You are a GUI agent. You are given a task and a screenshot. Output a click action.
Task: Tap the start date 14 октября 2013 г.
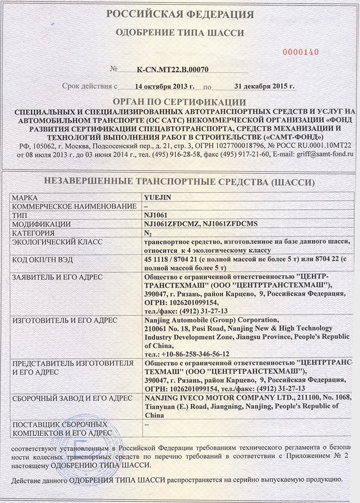[x=161, y=86]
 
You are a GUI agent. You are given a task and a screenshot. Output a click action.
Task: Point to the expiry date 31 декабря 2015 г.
[x=258, y=86]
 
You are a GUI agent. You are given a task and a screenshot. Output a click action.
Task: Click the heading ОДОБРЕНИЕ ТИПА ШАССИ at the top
[x=180, y=33]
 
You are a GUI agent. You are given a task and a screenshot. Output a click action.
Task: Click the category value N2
[x=148, y=233]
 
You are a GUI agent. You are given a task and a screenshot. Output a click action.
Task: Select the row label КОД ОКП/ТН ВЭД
[x=46, y=259]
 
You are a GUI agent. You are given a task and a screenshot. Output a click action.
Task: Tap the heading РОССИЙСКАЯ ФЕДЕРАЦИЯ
[x=180, y=14]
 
